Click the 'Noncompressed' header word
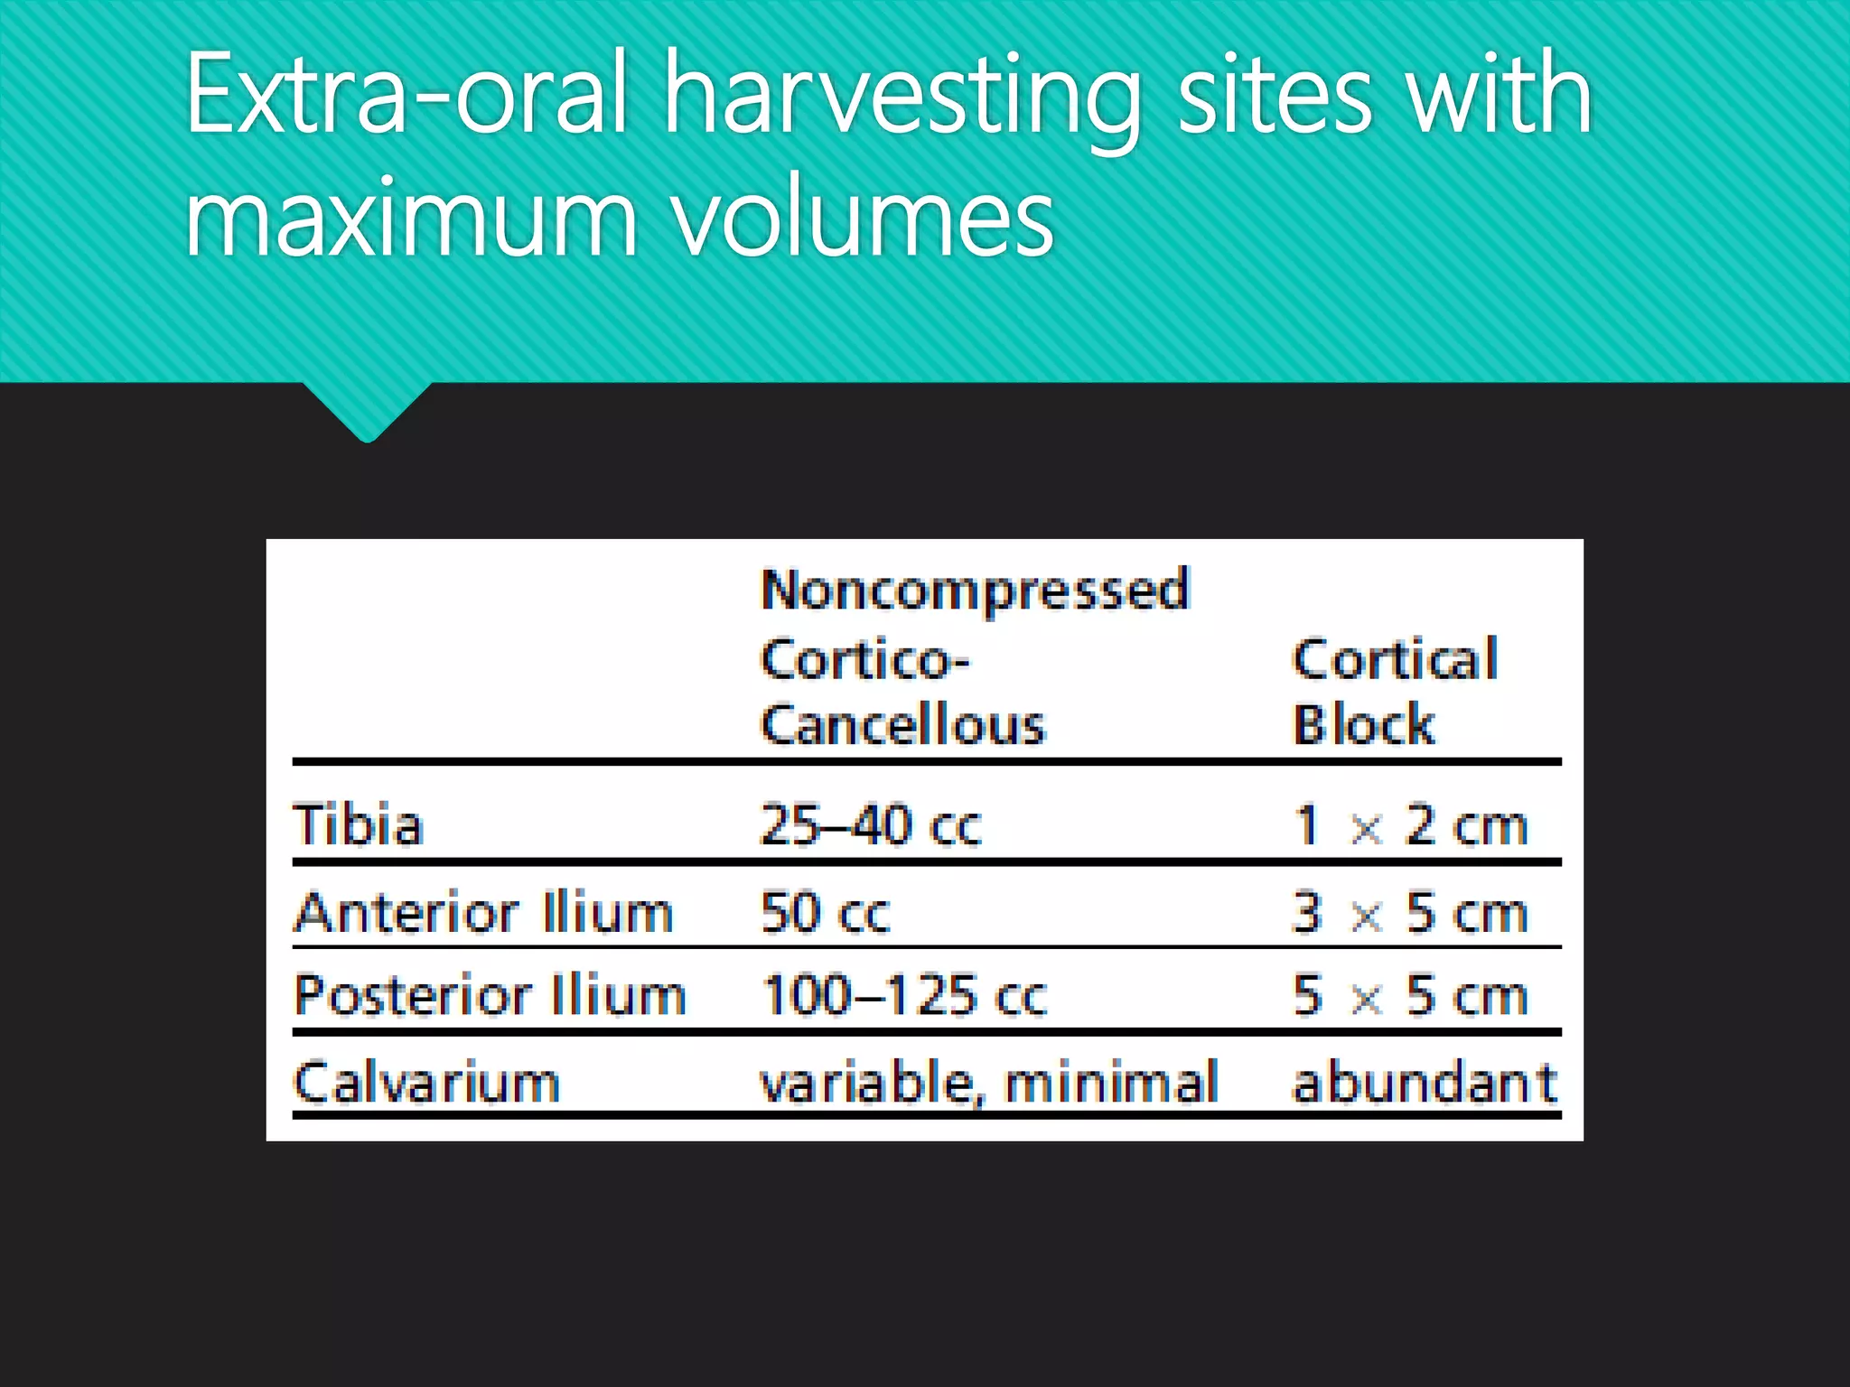975,592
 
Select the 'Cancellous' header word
902,725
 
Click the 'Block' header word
1363,725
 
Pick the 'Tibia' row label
359,825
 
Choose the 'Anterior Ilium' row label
484,912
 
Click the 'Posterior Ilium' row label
490,996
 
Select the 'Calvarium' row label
426,1083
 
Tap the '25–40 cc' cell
870,825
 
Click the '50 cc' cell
825,912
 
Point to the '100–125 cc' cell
904,996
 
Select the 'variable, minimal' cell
989,1083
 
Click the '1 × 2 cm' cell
1410,825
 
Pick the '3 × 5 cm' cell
1410,912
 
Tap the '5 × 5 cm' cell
1410,996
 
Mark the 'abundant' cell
1425,1083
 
